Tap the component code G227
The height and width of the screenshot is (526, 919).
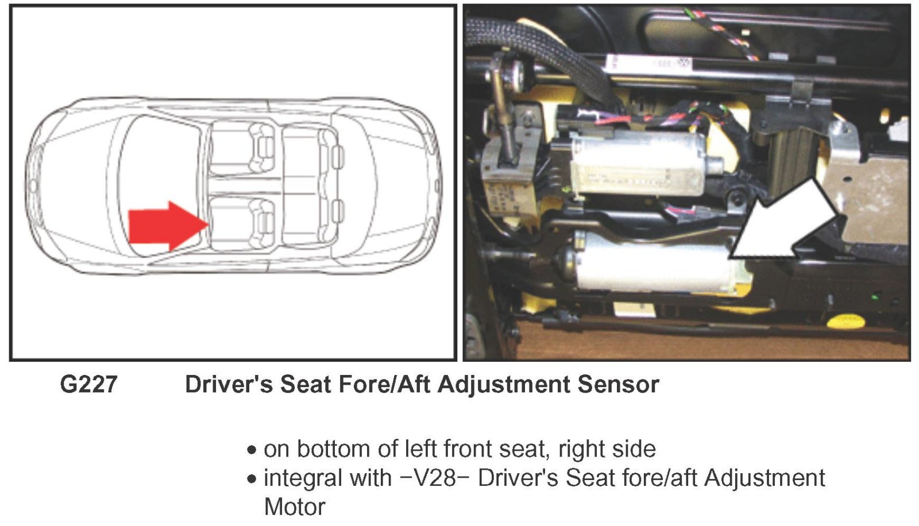[88, 384]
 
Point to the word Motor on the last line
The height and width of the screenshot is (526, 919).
[295, 506]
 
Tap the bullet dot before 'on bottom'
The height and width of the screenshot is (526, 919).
[252, 450]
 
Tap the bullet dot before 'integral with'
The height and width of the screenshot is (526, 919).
[252, 479]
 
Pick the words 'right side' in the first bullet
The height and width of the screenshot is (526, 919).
[607, 450]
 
